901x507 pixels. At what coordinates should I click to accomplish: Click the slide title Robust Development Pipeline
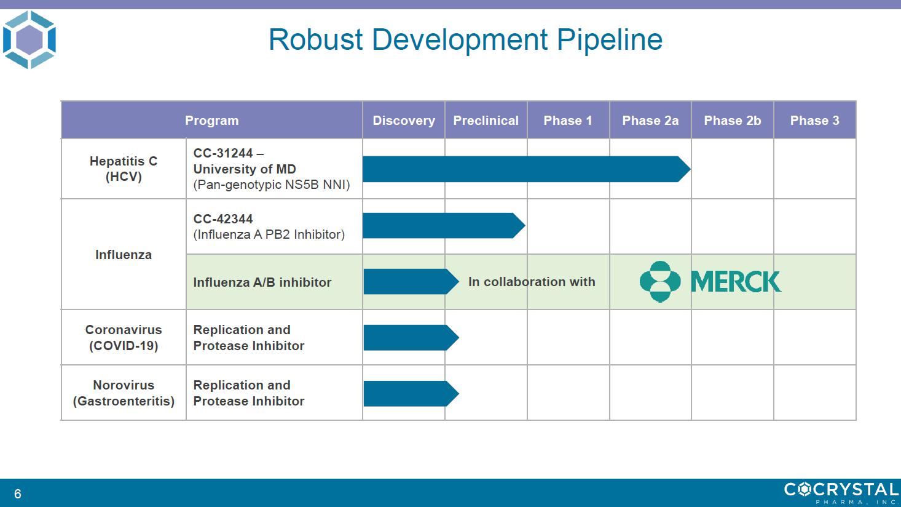pyautogui.click(x=465, y=40)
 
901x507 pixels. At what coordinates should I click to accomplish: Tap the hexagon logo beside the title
pyautogui.click(x=30, y=39)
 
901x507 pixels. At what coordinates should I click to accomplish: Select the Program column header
pyautogui.click(x=211, y=121)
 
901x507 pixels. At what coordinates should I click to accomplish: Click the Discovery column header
pyautogui.click(x=404, y=121)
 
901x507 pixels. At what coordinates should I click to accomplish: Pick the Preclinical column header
pyautogui.click(x=486, y=121)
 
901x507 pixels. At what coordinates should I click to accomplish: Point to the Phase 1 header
pyautogui.click(x=568, y=121)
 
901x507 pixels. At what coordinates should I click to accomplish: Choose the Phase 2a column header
pyautogui.click(x=650, y=121)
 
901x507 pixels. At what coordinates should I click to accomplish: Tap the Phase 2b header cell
pyautogui.click(x=733, y=121)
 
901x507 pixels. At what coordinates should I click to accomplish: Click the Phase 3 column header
pyautogui.click(x=815, y=121)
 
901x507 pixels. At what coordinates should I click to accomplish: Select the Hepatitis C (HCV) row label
pyautogui.click(x=124, y=169)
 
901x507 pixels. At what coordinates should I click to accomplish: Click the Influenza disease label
pyautogui.click(x=124, y=255)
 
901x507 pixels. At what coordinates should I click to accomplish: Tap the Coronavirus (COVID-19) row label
pyautogui.click(x=124, y=337)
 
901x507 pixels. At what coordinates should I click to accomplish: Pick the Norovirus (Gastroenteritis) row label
pyautogui.click(x=124, y=393)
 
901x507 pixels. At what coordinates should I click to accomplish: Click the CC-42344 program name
pyautogui.click(x=223, y=219)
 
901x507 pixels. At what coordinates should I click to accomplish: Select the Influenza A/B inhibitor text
pyautogui.click(x=262, y=282)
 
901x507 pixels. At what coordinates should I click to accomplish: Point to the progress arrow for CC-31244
pyautogui.click(x=527, y=169)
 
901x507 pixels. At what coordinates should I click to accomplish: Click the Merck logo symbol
pyautogui.click(x=660, y=281)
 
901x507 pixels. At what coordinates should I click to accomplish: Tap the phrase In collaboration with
pyautogui.click(x=532, y=281)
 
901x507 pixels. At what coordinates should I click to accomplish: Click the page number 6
pyautogui.click(x=18, y=493)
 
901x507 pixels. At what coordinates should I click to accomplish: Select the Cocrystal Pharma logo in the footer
pyautogui.click(x=841, y=492)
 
